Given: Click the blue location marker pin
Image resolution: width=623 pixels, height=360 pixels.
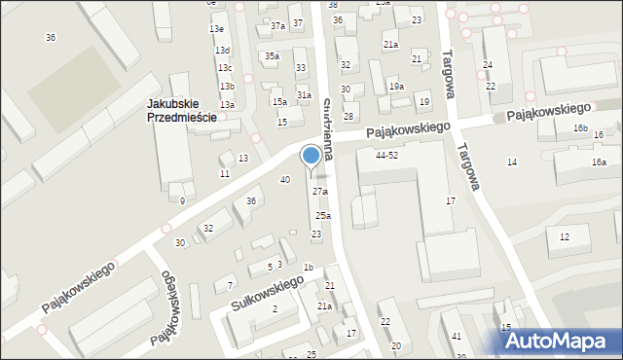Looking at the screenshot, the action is (x=311, y=157).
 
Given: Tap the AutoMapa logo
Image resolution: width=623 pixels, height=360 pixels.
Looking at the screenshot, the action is (x=562, y=341).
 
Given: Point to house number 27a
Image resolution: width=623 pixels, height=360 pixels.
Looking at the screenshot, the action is (x=320, y=192).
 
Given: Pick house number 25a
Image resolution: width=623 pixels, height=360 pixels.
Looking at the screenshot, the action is (x=322, y=216).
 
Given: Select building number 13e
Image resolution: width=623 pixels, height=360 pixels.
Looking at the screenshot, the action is (x=216, y=29).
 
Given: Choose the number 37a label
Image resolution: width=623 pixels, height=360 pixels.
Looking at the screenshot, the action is (x=278, y=26).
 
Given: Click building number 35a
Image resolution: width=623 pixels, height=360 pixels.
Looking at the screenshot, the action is (x=272, y=56).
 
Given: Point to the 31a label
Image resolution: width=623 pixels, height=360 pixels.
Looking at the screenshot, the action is (x=305, y=94).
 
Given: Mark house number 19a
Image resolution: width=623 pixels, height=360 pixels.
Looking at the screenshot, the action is (x=396, y=87).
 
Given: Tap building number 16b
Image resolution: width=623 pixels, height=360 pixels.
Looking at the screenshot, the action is (x=580, y=128).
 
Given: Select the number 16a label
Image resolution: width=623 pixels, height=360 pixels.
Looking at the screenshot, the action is (x=598, y=162).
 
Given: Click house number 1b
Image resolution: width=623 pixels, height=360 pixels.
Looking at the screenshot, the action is (x=308, y=268).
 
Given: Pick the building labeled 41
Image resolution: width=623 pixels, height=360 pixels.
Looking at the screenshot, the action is (x=457, y=336).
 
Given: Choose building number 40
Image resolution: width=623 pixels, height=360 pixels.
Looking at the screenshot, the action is (x=285, y=180).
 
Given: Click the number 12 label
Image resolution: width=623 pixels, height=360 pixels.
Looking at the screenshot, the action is (x=565, y=237).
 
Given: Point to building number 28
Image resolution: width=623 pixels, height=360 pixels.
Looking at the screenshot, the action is (x=348, y=117).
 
